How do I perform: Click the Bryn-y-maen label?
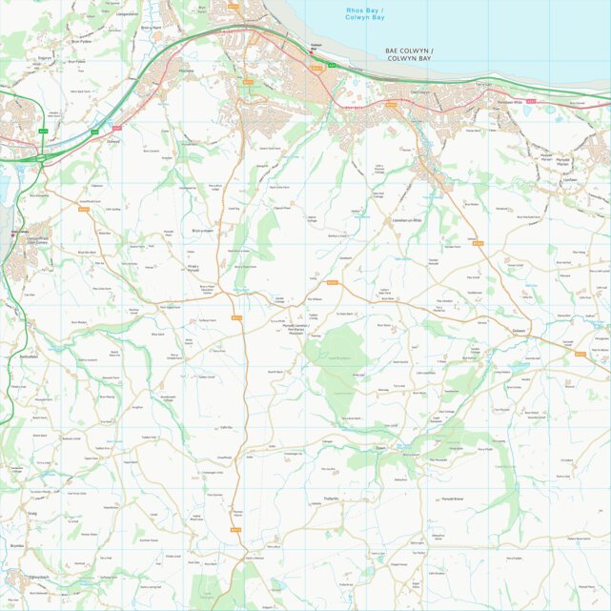tap(203, 230)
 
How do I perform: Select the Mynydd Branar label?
tap(451, 499)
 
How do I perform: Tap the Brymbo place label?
tap(16, 545)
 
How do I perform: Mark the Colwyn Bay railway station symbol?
tap(313, 55)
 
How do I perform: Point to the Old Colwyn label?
tap(420, 92)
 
